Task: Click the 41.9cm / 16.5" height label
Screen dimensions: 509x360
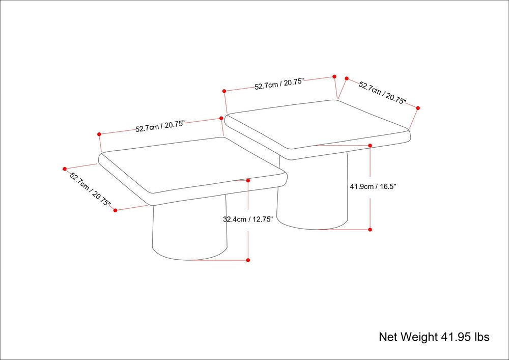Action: [373, 187]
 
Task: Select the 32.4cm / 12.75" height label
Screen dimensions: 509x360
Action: [248, 219]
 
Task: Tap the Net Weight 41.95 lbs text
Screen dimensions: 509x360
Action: [434, 337]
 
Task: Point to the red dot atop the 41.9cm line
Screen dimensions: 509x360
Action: [370, 146]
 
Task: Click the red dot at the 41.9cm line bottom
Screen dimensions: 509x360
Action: [370, 230]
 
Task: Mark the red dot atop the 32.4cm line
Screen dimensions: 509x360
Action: [248, 180]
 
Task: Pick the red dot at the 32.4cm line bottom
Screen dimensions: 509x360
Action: [248, 260]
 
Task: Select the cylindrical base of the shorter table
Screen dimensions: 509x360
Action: [189, 231]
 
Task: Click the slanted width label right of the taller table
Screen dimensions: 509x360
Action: [382, 93]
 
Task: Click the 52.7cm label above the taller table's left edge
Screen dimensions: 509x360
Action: [279, 84]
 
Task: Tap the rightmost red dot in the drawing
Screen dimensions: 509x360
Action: [418, 108]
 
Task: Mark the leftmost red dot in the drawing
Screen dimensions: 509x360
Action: [65, 169]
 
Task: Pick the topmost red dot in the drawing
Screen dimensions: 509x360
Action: [334, 76]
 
